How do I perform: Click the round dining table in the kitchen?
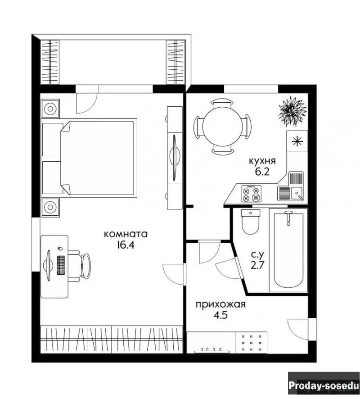click(x=222, y=127)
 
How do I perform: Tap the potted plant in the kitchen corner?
click(x=292, y=111)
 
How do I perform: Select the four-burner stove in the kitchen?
click(x=251, y=194)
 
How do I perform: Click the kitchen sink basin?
click(x=297, y=193)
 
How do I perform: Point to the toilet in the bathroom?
click(x=250, y=222)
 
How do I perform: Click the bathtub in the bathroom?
click(x=288, y=250)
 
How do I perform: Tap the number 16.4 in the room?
click(x=126, y=245)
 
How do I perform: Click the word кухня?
click(x=262, y=161)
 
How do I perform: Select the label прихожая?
click(x=220, y=304)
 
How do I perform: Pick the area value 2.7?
click(x=257, y=265)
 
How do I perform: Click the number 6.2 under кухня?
click(x=262, y=172)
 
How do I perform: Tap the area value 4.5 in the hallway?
click(x=220, y=315)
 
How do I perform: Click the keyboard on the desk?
click(x=61, y=265)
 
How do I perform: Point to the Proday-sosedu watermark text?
click(x=324, y=385)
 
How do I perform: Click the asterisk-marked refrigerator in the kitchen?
click(x=297, y=141)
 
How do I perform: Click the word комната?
click(x=126, y=234)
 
